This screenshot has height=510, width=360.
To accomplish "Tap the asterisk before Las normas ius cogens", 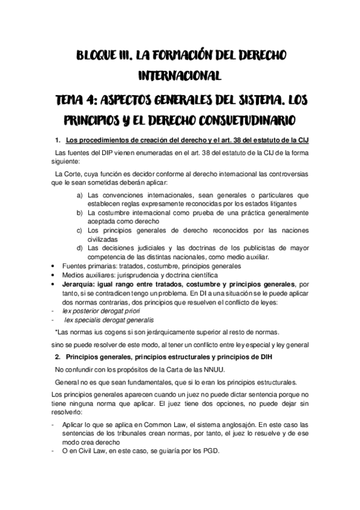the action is pyautogui.click(x=55, y=332).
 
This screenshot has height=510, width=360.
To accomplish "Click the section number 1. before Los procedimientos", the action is pyautogui.click(x=58, y=141).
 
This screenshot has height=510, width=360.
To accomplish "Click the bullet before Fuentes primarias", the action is pyautogui.click(x=55, y=265).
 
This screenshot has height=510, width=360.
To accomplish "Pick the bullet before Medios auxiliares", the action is pyautogui.click(x=55, y=274).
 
